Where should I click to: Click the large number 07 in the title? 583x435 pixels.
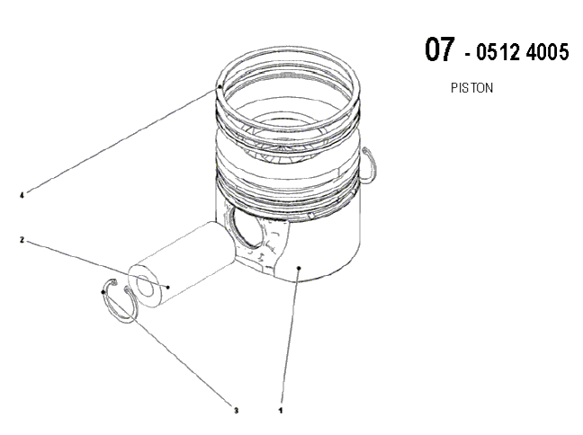pyautogui.click(x=439, y=49)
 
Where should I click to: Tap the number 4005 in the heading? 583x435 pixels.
pyautogui.click(x=548, y=51)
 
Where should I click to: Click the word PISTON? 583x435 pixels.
pyautogui.click(x=471, y=88)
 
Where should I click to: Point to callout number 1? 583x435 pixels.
pyautogui.click(x=281, y=411)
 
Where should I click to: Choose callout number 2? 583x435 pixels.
pyautogui.click(x=22, y=240)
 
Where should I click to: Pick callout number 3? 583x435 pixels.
pyautogui.click(x=236, y=411)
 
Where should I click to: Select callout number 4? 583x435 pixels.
pyautogui.click(x=22, y=195)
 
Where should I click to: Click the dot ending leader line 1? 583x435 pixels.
pyautogui.click(x=299, y=268)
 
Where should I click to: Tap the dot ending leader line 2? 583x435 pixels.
pyautogui.click(x=168, y=287)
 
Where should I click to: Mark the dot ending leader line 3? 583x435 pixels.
pyautogui.click(x=103, y=292)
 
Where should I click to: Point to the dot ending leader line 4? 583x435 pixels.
pyautogui.click(x=220, y=86)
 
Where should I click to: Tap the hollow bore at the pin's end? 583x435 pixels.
pyautogui.click(x=146, y=286)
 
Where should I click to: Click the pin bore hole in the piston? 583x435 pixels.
pyautogui.click(x=247, y=227)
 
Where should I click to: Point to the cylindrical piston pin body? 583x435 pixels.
pyautogui.click(x=182, y=264)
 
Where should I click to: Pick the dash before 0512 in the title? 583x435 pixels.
pyautogui.click(x=468, y=55)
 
